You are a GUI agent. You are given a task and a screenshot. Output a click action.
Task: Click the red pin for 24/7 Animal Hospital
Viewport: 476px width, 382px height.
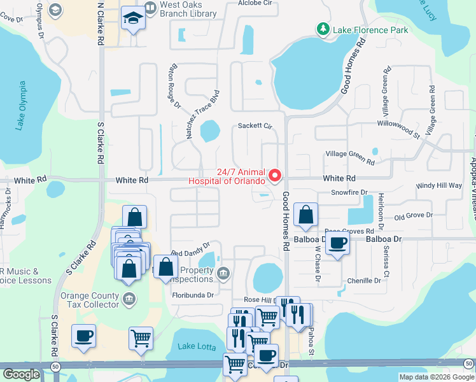pos(276,174)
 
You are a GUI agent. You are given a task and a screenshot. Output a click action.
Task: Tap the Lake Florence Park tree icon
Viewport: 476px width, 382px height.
pos(324,29)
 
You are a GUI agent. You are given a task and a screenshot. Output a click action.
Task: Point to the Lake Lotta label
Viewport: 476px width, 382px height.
pos(193,346)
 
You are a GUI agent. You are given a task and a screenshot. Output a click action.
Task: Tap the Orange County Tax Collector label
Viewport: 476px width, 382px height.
pos(89,300)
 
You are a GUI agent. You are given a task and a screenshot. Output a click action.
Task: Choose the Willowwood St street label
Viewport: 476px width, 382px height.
pos(399,128)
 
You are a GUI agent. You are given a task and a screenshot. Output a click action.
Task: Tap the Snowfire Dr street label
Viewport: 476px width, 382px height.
pos(349,192)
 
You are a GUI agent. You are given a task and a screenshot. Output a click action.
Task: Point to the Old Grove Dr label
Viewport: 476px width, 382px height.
pos(413,216)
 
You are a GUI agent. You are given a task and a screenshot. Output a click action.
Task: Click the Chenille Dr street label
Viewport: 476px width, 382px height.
pos(364,281)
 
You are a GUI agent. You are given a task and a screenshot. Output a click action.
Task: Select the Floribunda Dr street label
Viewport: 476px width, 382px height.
pos(193,295)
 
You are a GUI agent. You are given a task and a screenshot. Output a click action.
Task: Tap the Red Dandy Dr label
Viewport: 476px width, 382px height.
pos(190,253)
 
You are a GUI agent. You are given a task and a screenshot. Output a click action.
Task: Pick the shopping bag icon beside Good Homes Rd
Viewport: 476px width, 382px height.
pos(306,215)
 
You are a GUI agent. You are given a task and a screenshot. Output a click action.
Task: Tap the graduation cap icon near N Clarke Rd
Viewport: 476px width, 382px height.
pos(134,18)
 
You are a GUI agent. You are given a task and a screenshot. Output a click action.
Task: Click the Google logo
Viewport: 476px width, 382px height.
pos(21,374)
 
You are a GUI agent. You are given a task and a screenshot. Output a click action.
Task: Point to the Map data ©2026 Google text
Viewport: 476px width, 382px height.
pos(436,377)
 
